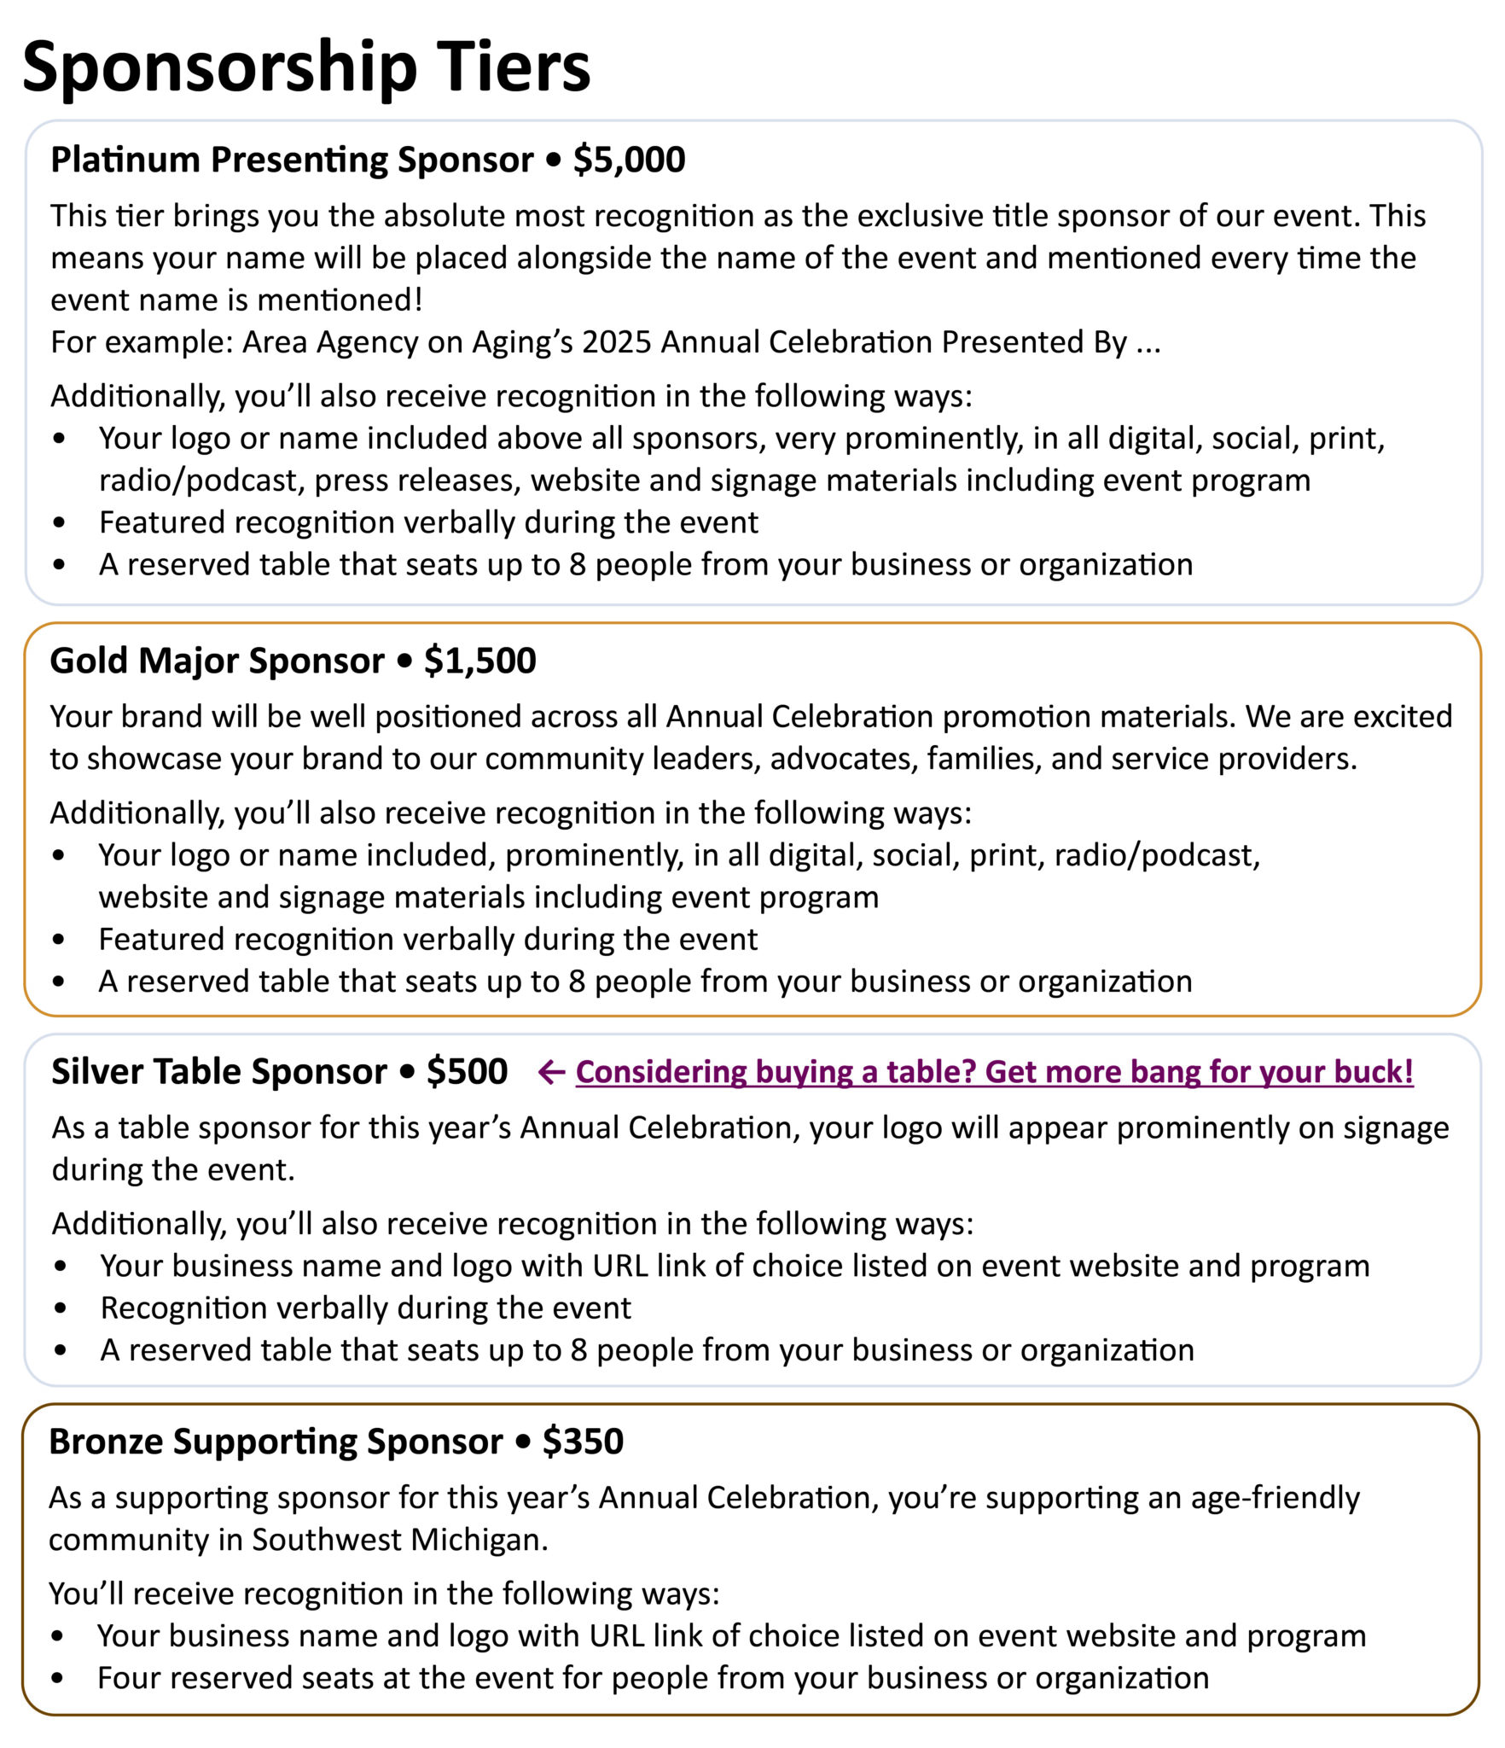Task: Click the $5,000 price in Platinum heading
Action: tap(629, 160)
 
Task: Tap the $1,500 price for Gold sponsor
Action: tap(479, 661)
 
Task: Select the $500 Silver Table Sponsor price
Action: tap(467, 1071)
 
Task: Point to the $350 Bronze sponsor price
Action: tap(583, 1441)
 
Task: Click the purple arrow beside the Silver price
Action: tap(551, 1072)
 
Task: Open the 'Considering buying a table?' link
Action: tap(994, 1071)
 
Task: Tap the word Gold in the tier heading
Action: tap(89, 661)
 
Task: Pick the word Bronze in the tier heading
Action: tap(106, 1441)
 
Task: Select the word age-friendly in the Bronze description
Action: tap(1275, 1498)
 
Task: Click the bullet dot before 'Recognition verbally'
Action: tap(59, 1308)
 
